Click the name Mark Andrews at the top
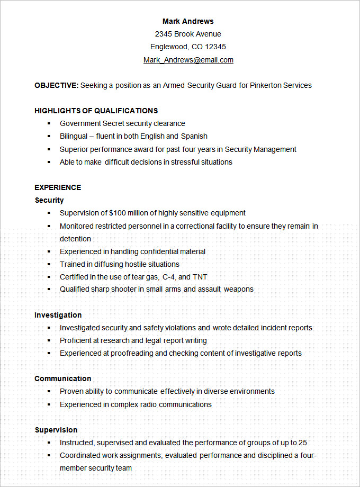coord(188,21)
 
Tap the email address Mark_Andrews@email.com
coord(188,60)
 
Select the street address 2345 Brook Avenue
coord(188,34)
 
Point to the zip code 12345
coord(215,47)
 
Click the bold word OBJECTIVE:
coord(56,85)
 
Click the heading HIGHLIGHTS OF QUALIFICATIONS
coord(96,111)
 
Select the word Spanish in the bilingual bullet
coord(194,136)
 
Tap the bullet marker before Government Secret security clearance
coord(49,123)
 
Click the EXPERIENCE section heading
coord(58,187)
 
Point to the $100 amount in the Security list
coord(118,213)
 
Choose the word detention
coord(75,239)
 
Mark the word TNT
coord(200,277)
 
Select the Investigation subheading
coord(58,315)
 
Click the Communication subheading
coord(63,378)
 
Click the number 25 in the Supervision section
coord(302,443)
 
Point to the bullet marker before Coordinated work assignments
coord(49,455)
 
